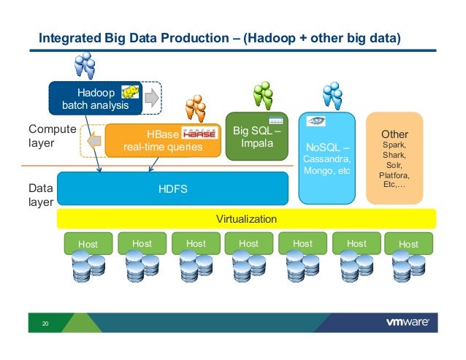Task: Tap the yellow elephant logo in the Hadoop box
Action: click(x=131, y=91)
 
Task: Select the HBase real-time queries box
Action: click(x=162, y=140)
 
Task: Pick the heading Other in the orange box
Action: click(x=394, y=135)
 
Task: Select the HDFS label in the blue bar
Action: click(x=173, y=189)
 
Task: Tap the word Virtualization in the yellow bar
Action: click(x=246, y=218)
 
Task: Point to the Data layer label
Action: click(x=41, y=195)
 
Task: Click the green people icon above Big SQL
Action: click(x=262, y=96)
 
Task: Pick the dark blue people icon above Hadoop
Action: click(x=86, y=66)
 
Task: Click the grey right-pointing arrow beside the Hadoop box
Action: click(x=151, y=97)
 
